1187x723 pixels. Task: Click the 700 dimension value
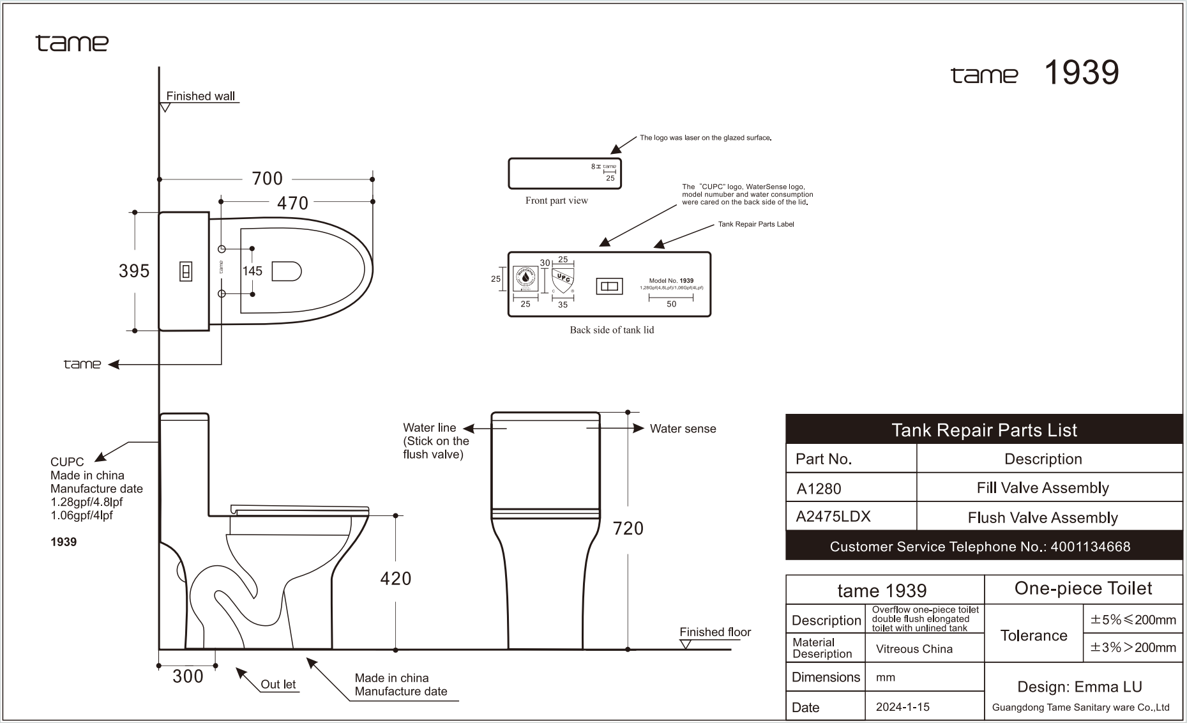(267, 179)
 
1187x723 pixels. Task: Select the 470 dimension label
(292, 203)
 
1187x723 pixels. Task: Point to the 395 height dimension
(134, 271)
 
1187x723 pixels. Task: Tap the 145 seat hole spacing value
(252, 271)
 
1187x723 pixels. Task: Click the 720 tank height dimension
(628, 528)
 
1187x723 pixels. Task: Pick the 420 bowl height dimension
(395, 579)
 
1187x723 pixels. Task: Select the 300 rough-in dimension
(188, 676)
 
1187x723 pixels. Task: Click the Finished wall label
(200, 96)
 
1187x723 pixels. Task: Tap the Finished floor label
(714, 632)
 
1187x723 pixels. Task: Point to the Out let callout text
(278, 684)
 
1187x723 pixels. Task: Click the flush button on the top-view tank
(186, 272)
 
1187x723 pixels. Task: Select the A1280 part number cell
(819, 489)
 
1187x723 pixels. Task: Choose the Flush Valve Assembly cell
(1043, 517)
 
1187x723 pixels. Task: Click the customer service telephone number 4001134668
(1090, 547)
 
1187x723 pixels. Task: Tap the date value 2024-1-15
(902, 707)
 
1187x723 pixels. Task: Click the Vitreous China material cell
(914, 649)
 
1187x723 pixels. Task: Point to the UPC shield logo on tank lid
(563, 280)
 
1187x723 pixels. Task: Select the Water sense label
(683, 429)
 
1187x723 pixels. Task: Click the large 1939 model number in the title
(1081, 72)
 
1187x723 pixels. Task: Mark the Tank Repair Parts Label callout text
(755, 224)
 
